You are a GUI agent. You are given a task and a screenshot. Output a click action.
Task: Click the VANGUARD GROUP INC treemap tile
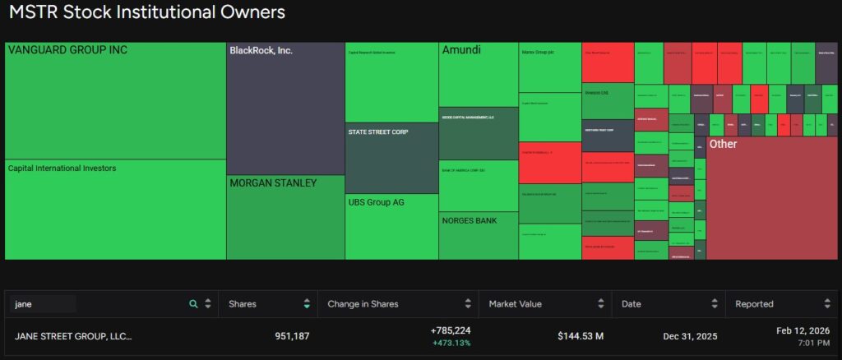tap(115, 100)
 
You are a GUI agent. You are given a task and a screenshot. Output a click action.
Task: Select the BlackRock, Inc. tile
tap(285, 108)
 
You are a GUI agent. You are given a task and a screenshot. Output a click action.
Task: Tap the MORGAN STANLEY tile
tap(285, 217)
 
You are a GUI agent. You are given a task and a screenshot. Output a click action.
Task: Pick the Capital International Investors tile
tap(115, 209)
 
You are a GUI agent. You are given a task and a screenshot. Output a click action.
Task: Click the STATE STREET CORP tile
tap(391, 158)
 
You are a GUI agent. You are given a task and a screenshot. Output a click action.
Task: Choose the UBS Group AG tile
tap(391, 226)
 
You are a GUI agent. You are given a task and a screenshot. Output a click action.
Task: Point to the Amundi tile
tap(478, 75)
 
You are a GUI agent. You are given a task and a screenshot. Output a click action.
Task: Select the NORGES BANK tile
tap(478, 236)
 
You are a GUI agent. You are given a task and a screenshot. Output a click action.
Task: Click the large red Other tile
tap(771, 197)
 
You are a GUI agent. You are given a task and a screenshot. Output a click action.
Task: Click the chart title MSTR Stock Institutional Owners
tap(147, 13)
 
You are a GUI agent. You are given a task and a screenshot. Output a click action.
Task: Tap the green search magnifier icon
tap(193, 304)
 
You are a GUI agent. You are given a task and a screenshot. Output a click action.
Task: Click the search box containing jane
tap(43, 304)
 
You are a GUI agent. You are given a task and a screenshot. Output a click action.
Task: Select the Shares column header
tap(243, 304)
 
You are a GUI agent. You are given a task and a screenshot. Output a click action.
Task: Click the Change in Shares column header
tap(363, 304)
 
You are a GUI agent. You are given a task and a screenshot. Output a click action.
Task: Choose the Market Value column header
tap(515, 304)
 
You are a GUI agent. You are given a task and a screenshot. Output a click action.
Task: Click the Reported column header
tap(754, 304)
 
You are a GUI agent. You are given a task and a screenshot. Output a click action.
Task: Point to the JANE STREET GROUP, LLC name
tap(73, 336)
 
